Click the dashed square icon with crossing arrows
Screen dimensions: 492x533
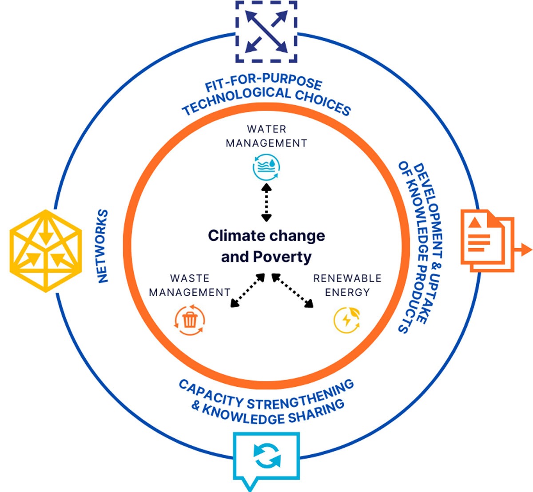[266, 32]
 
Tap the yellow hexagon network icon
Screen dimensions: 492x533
[45, 250]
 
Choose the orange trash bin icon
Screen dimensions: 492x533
[190, 319]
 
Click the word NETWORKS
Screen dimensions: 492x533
[102, 246]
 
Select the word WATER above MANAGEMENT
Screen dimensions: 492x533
[266, 129]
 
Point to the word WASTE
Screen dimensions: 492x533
[190, 278]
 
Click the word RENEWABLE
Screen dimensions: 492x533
[347, 278]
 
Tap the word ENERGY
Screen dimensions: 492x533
[347, 292]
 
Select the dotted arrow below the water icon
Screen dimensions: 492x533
[266, 202]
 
